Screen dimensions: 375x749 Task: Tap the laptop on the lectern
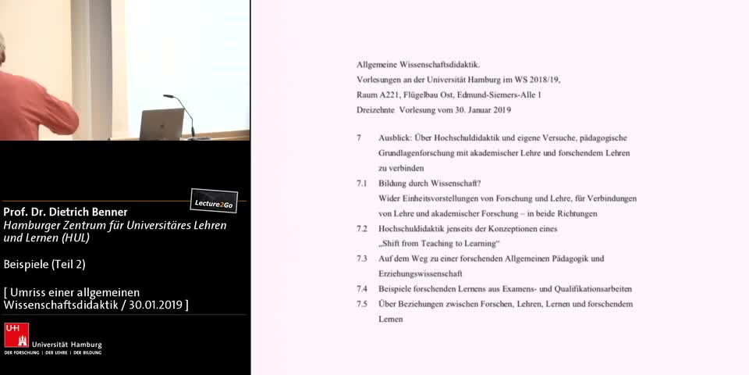162,123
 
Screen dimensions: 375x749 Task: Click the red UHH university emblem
16,335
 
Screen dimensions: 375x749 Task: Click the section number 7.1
361,183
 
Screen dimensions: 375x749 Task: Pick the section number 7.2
361,229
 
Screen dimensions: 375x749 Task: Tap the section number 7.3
361,259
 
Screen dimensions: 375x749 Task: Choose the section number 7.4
361,288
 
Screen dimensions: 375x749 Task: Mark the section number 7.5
361,303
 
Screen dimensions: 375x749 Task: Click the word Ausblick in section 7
395,137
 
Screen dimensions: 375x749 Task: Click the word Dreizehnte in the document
376,109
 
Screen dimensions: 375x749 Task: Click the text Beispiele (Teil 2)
44,264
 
